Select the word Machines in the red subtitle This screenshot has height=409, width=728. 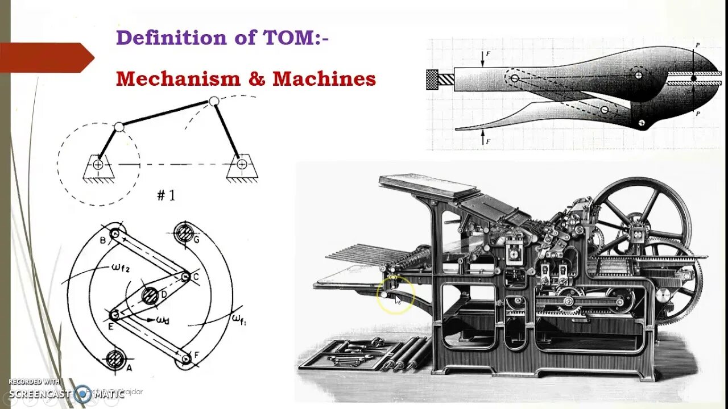pos(324,78)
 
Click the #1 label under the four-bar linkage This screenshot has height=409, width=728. pos(166,196)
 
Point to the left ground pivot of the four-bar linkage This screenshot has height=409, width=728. pos(98,165)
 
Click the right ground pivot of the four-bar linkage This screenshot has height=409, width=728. pos(242,165)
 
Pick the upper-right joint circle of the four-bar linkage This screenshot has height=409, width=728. pos(214,102)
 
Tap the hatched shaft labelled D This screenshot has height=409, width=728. pos(150,295)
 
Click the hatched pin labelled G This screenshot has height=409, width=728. pos(184,232)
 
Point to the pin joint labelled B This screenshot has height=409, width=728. pos(115,233)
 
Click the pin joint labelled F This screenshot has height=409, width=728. pos(185,358)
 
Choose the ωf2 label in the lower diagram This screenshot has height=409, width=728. pos(121,269)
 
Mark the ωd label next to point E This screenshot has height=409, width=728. pos(162,321)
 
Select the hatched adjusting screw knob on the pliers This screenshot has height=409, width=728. pos(432,79)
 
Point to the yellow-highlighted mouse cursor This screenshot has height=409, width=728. pos(396,298)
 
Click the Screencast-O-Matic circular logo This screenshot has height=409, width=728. pos(82,393)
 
